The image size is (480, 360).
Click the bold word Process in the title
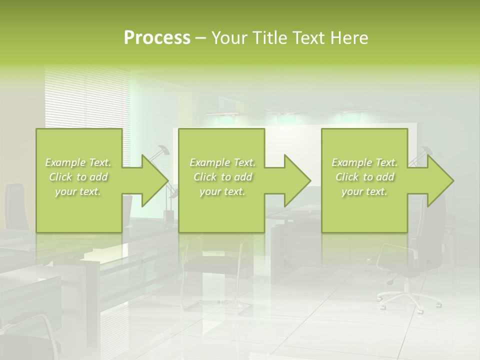[157, 38]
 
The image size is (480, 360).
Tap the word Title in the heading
[268, 38]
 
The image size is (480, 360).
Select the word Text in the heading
[309, 38]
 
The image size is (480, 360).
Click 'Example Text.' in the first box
[78, 162]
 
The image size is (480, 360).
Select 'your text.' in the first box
[78, 191]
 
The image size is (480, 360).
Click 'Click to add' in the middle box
[222, 177]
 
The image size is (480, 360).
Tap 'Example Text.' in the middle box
[222, 162]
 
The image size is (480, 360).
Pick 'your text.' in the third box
[364, 191]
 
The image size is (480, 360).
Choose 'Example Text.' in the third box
[364, 162]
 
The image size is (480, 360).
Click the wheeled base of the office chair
[409, 298]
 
